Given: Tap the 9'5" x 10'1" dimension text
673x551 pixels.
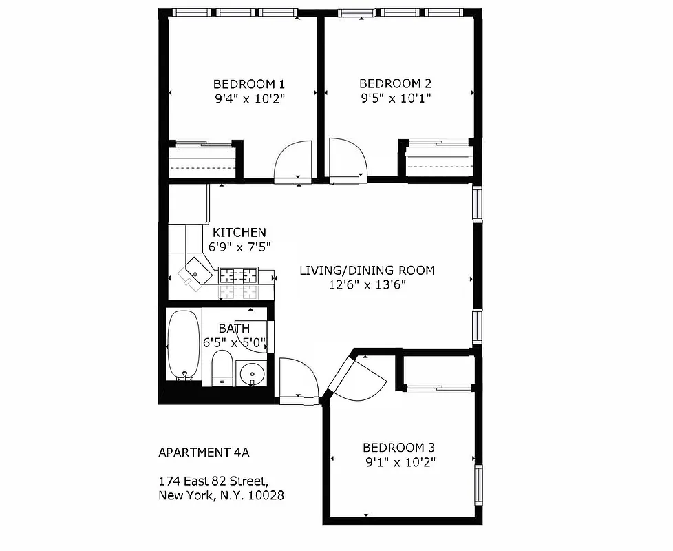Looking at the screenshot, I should point(395,98).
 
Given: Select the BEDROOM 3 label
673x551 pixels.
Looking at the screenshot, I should point(398,446).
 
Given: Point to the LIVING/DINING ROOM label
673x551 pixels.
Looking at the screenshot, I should point(367,270).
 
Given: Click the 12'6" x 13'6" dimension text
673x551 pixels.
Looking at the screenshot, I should point(367,284).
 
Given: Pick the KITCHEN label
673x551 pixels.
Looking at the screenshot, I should point(239,233).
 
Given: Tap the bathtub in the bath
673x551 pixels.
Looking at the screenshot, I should point(184,344).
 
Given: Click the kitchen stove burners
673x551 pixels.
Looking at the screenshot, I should point(238,275).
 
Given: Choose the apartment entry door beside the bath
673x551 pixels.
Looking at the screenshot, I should point(298,379).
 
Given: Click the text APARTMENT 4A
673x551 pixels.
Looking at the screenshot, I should point(204,453).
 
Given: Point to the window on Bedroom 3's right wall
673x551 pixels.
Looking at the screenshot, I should point(478,485).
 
